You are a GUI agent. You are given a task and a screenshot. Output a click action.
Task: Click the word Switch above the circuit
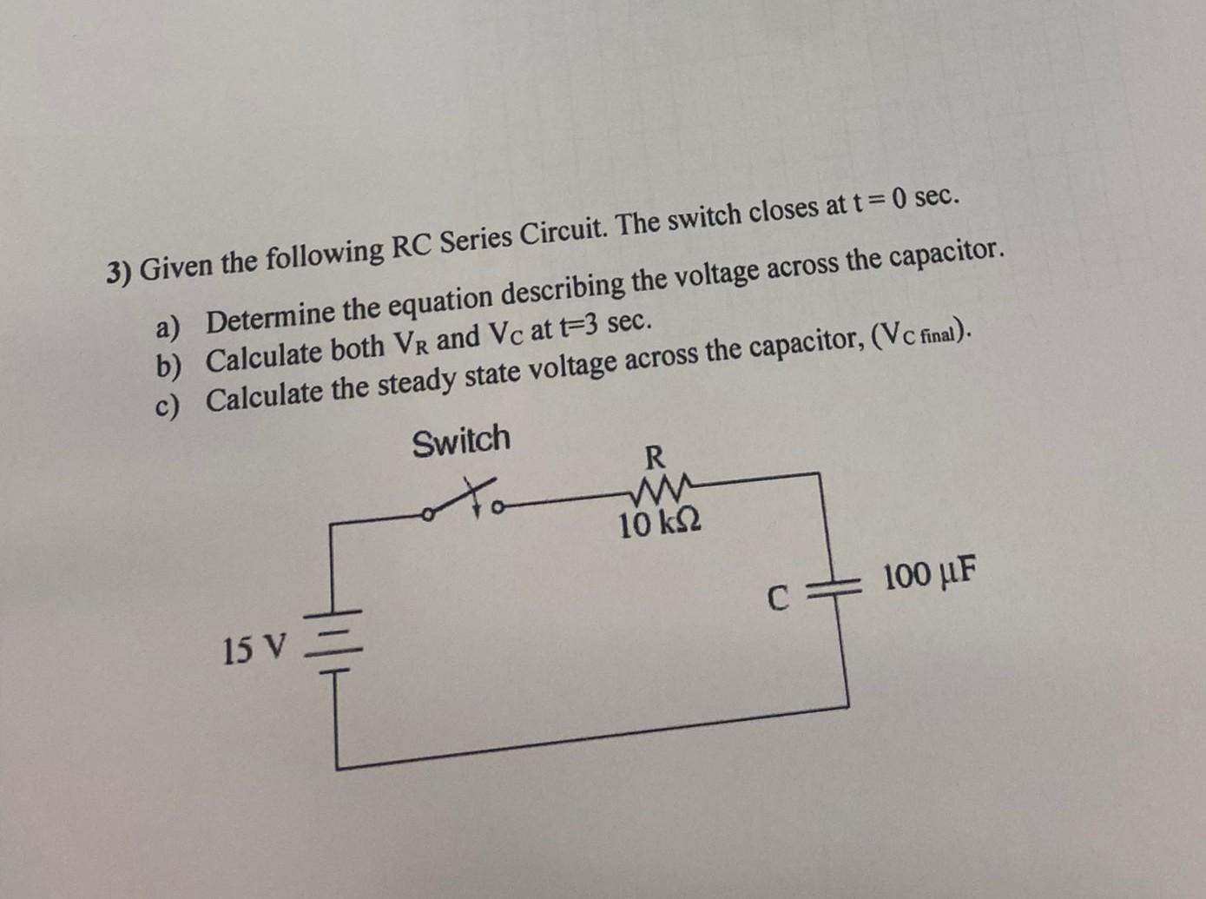click(461, 440)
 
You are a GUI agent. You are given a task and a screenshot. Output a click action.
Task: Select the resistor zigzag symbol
click(661, 492)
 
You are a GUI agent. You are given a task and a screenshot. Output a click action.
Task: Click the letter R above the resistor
click(655, 456)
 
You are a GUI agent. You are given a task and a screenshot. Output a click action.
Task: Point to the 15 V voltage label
click(254, 649)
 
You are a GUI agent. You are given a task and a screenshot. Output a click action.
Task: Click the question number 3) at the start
click(119, 272)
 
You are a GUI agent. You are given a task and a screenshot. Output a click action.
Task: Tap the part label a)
click(168, 327)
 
